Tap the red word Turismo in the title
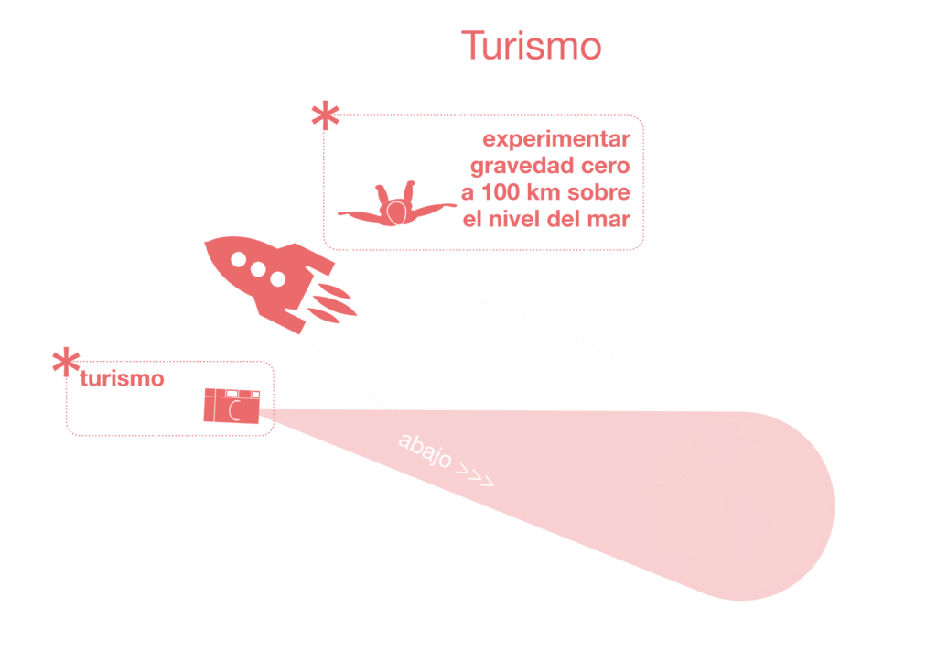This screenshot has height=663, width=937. click(531, 47)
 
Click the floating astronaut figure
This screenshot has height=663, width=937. click(395, 204)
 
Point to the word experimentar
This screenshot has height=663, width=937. click(555, 142)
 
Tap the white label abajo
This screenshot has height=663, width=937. click(425, 451)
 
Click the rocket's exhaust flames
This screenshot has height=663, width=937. click(329, 303)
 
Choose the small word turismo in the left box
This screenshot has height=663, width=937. click(122, 379)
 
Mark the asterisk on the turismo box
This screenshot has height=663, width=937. click(65, 363)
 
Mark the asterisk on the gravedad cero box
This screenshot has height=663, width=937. click(325, 117)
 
